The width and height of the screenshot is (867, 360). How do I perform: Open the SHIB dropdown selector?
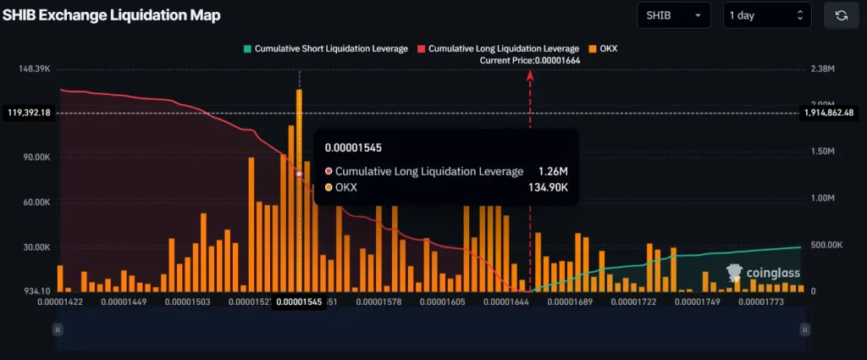click(673, 15)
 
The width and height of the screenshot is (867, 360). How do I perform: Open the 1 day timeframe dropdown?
click(767, 15)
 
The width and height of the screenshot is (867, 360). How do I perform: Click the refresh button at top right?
click(841, 15)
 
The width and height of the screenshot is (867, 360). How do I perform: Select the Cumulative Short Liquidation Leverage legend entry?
click(325, 48)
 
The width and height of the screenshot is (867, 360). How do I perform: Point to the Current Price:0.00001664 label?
click(529, 60)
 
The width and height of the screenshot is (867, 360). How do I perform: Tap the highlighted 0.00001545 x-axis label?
click(299, 302)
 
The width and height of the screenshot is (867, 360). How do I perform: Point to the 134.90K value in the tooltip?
click(549, 187)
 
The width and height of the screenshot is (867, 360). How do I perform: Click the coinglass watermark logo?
click(762, 272)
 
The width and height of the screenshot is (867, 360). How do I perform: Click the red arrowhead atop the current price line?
click(530, 76)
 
